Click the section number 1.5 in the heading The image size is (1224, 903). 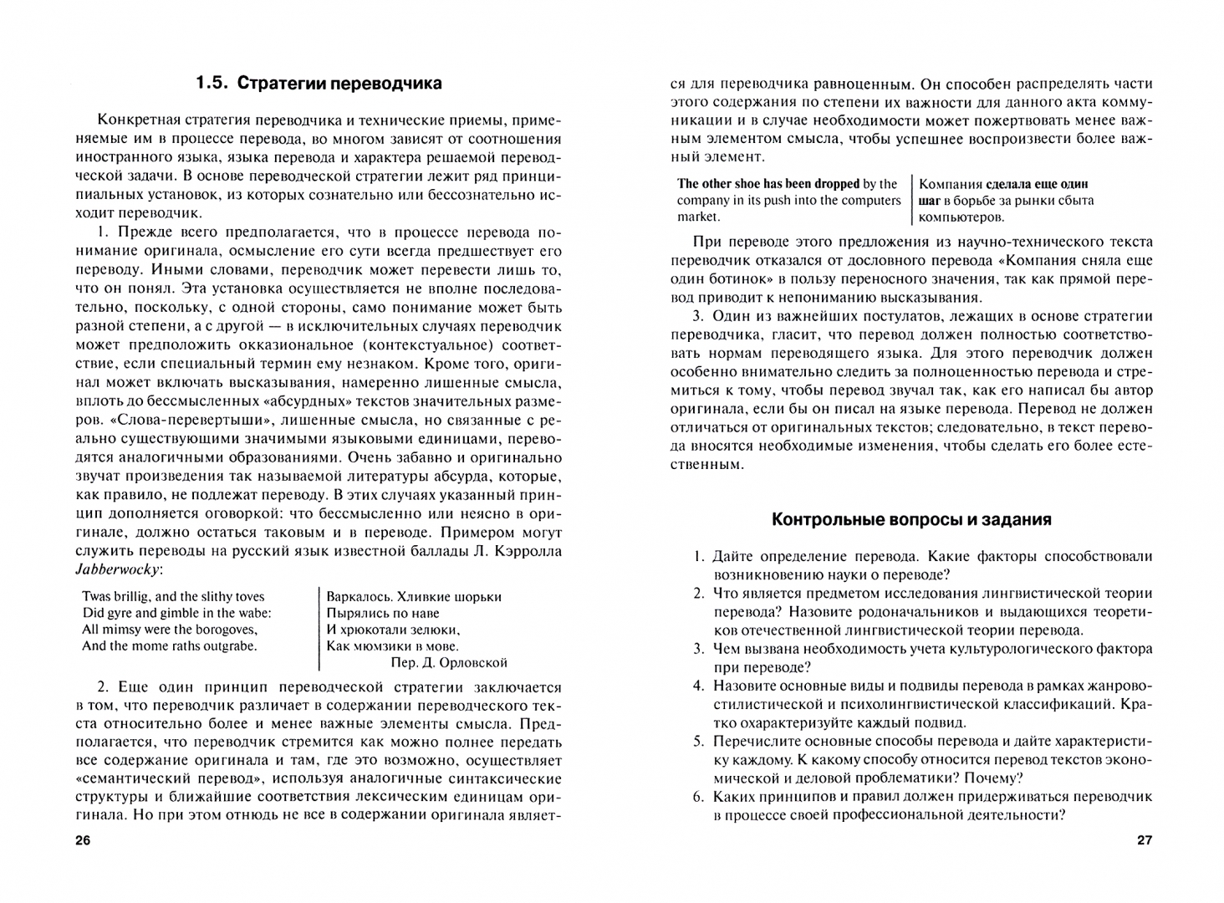point(212,84)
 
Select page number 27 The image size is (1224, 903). point(1144,840)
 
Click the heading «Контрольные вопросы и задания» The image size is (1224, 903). point(911,520)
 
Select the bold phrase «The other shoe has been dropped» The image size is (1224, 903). point(768,184)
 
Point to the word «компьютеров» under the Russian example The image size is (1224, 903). point(961,217)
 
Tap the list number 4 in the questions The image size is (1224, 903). point(698,686)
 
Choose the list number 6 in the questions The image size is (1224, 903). point(698,797)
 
